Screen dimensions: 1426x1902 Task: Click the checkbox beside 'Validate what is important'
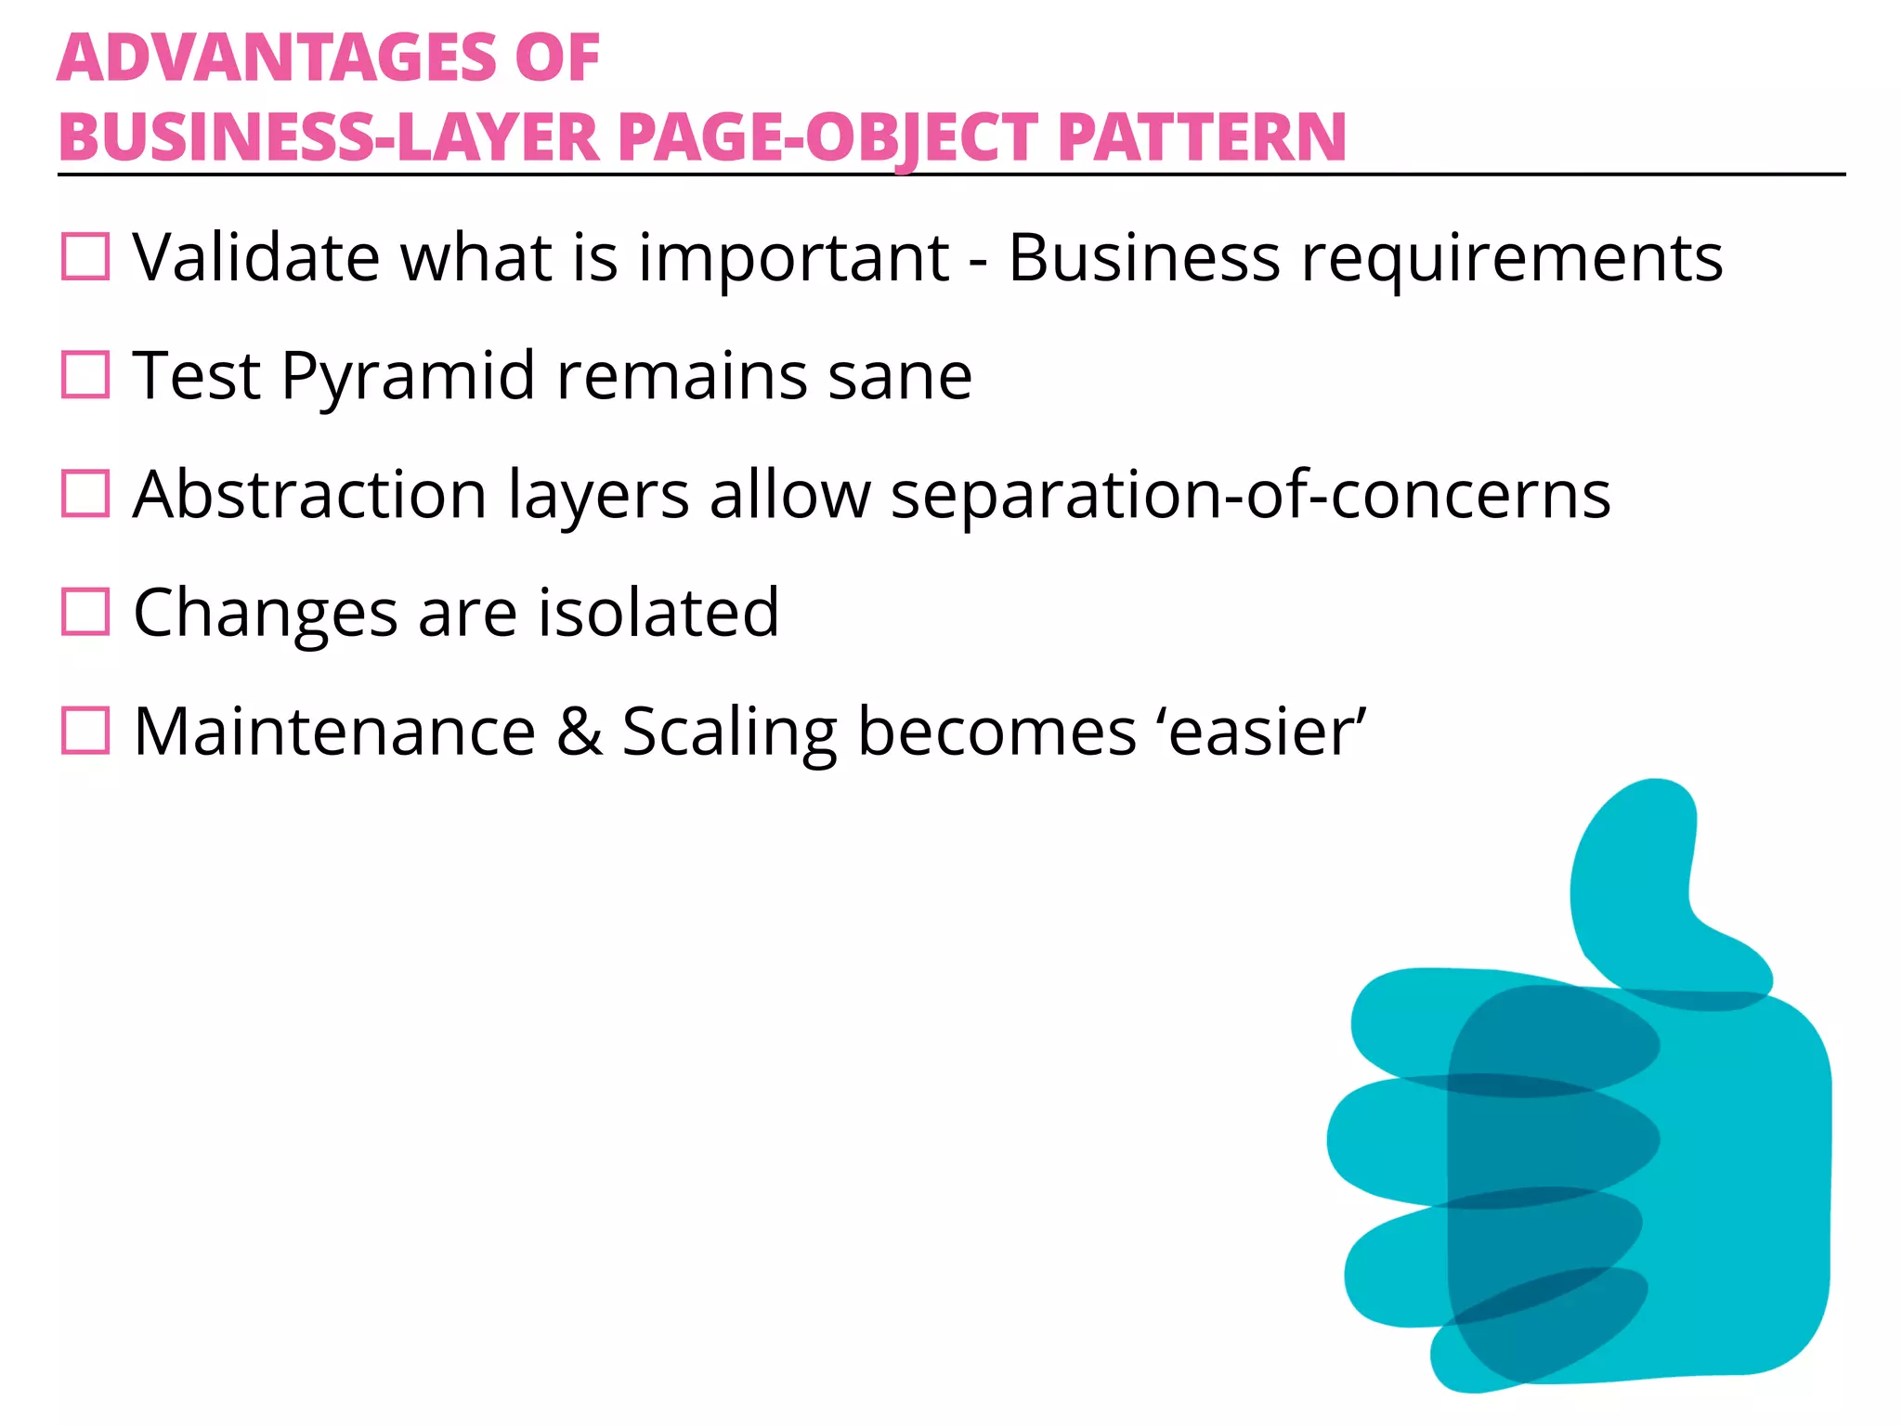85,256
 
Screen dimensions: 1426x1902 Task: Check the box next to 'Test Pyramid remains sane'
85,375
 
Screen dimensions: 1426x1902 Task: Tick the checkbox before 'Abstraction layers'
85,493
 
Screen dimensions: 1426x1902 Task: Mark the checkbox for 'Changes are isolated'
85,612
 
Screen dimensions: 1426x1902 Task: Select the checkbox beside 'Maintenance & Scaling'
85,731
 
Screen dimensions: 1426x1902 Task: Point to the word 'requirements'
1511,258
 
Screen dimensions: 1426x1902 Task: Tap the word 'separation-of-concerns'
1250,495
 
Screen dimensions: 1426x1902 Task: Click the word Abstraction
310,495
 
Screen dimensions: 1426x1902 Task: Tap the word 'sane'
900,377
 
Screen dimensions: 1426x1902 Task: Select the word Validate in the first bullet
256,257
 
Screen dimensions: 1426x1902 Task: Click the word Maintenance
335,732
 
